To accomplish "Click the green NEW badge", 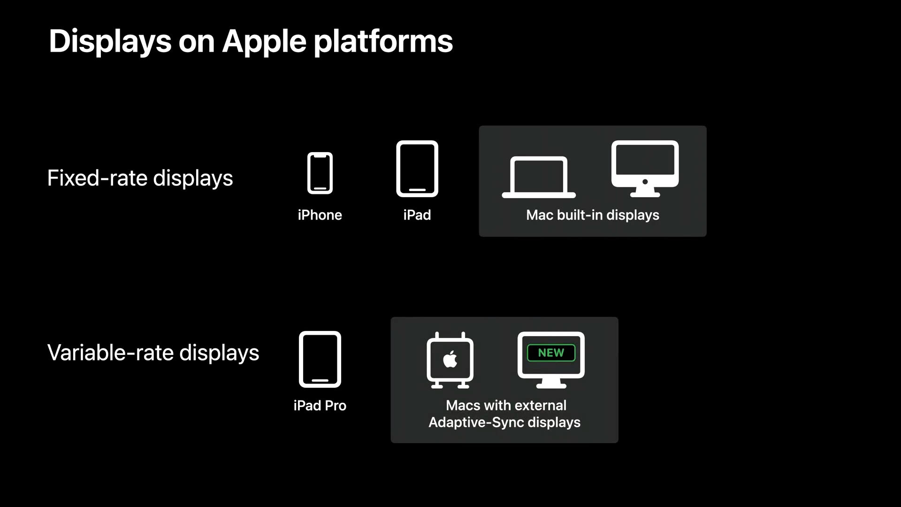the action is (x=551, y=353).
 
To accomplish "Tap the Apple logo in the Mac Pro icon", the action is (x=450, y=359).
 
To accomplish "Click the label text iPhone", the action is (x=320, y=215).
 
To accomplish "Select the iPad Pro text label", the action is (x=320, y=406).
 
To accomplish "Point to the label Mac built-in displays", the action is (x=593, y=215).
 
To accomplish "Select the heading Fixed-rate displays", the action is (x=140, y=178).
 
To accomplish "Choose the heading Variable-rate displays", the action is (x=153, y=353).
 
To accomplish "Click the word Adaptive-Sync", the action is (x=476, y=422).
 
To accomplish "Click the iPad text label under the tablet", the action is (x=417, y=215).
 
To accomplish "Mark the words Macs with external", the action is (x=506, y=405).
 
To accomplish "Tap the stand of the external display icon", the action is (x=551, y=384).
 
